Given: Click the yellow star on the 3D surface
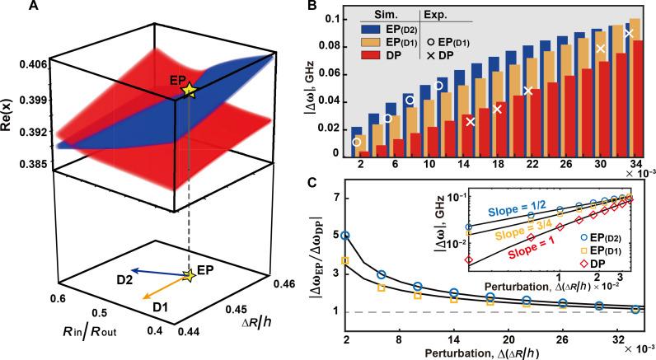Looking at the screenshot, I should (x=190, y=91).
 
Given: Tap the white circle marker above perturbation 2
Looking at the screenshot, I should (x=357, y=143).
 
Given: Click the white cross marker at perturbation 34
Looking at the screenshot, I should (x=628, y=34).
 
